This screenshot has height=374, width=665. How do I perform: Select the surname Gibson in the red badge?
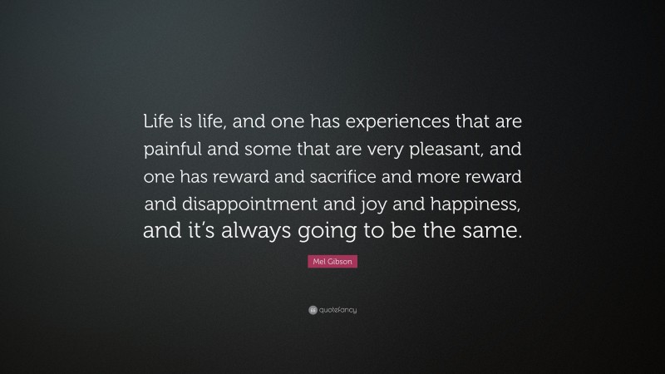339,263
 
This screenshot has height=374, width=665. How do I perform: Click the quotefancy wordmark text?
337,310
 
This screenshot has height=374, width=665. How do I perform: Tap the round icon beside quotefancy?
313,310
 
